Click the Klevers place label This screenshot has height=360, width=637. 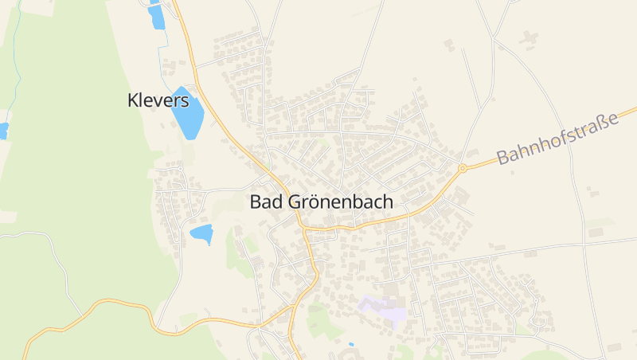point(158,100)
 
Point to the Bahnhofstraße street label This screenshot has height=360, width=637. point(557,139)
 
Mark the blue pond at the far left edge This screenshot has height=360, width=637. point(3,130)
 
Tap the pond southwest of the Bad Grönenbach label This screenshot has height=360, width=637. point(201,233)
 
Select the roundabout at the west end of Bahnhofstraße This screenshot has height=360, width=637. point(462,168)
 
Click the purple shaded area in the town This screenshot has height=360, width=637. point(382,310)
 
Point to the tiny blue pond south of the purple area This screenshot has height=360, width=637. point(351,345)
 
